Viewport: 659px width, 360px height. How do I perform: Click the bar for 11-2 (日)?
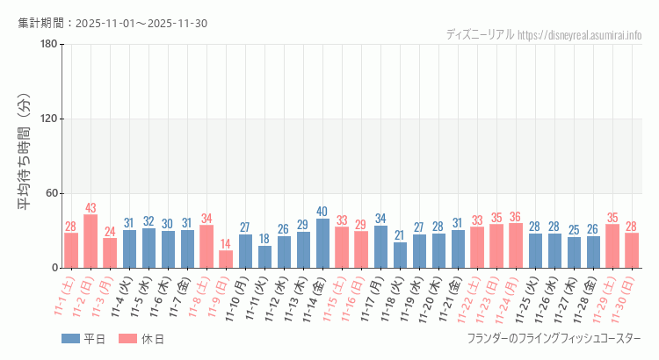[91, 241]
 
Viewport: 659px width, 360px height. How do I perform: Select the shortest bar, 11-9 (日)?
[226, 259]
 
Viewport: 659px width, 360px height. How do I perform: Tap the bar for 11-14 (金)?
[322, 243]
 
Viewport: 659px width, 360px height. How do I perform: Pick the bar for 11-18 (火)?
[400, 255]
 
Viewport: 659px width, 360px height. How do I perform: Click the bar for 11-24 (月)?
[516, 246]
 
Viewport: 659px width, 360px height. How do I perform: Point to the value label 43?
[91, 208]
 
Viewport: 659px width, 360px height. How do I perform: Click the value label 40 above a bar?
[322, 212]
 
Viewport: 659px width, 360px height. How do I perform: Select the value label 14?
[226, 244]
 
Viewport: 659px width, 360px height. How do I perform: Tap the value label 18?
[264, 239]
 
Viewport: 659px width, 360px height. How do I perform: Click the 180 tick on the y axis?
[49, 45]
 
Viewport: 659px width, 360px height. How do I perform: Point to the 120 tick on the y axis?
[49, 119]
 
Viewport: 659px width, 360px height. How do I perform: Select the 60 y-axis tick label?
[52, 193]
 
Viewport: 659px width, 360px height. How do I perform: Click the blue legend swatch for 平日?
[70, 339]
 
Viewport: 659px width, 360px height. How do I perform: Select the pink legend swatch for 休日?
[128, 339]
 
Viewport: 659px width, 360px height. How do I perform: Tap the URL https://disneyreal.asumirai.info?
[579, 35]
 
